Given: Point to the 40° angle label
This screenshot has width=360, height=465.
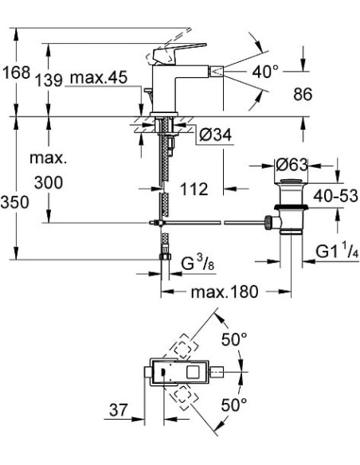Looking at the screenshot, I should (265, 72).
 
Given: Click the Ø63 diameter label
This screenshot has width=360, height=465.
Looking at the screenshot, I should (292, 166).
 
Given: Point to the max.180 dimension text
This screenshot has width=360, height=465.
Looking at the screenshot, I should (213, 292).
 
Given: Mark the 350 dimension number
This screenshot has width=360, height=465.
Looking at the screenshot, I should (14, 202).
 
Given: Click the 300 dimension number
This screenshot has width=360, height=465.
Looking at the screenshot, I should (49, 182).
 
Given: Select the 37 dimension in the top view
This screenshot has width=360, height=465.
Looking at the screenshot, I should (119, 411).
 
